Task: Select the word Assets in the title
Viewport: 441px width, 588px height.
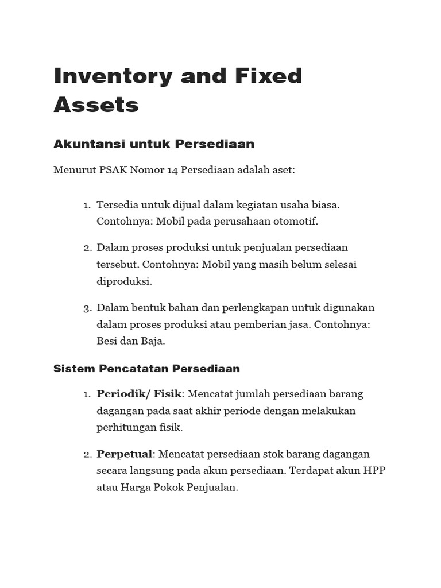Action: tap(96, 105)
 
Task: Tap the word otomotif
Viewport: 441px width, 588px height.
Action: tap(295, 221)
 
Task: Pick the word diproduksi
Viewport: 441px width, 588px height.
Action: tap(123, 281)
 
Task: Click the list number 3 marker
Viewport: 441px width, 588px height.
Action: tap(86, 308)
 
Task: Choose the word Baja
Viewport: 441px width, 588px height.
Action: tap(152, 341)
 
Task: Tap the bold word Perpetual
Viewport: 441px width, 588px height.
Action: tap(124, 454)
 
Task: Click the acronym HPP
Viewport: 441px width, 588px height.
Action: tap(374, 471)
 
